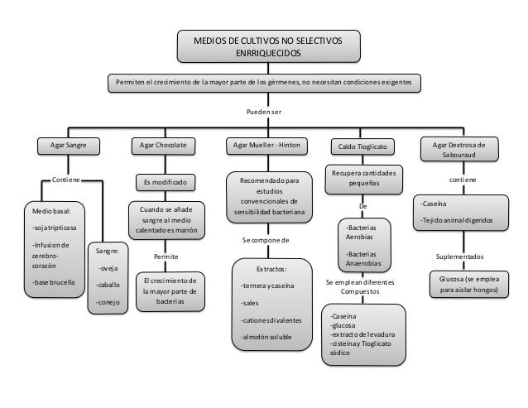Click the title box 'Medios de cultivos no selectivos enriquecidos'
point(265,47)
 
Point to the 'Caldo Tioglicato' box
point(362,146)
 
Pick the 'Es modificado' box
point(165,181)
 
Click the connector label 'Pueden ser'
point(264,111)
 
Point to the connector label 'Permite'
point(166,257)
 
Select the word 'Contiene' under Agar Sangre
point(65,179)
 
